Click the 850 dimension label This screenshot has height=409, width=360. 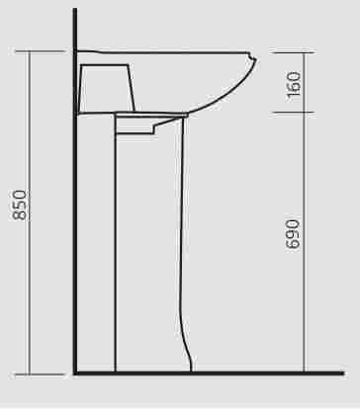click(19, 204)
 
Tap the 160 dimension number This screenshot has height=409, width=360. click(294, 84)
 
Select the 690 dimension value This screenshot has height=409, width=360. click(293, 234)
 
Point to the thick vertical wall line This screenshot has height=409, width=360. click(75, 191)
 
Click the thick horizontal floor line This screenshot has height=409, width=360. click(209, 373)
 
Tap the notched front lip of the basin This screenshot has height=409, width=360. click(252, 58)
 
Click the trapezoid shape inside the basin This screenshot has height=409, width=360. click(107, 88)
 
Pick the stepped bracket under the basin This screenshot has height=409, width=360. click(151, 124)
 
